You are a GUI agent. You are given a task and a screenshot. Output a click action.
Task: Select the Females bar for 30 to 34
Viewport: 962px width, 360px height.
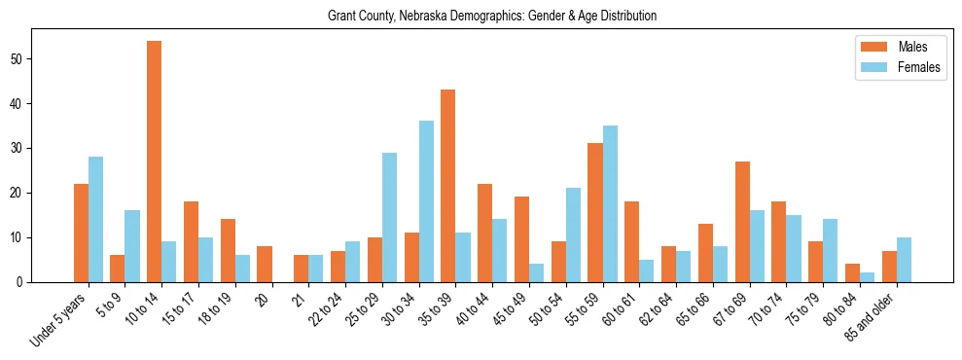[426, 201]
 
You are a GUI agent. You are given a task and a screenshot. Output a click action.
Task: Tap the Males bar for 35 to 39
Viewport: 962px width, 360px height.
[447, 186]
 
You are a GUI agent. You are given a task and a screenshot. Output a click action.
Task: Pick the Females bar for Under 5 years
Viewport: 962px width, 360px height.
[95, 219]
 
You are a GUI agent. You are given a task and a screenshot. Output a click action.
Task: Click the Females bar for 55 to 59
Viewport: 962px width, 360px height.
[610, 203]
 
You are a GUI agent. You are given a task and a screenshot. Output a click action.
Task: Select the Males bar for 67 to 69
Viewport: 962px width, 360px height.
[742, 222]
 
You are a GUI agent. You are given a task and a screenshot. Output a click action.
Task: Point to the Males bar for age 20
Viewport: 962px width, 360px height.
[264, 264]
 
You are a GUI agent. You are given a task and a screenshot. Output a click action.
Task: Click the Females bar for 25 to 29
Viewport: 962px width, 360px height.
[389, 217]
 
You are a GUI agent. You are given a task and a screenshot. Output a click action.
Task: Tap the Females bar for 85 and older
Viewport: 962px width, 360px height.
[904, 260]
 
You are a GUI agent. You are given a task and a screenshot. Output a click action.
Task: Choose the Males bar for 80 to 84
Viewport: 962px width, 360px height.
[852, 272]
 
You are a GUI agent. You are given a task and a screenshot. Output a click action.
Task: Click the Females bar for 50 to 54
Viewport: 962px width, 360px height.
[573, 234]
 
